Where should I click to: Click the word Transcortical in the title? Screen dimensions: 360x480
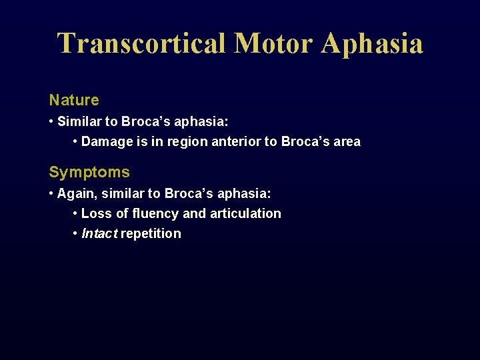tap(141, 43)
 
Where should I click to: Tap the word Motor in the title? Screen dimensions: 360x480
tap(273, 43)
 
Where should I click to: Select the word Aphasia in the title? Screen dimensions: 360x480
tap(372, 43)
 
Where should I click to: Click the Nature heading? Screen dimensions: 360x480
tap(74, 100)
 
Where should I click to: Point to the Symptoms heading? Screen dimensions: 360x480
tap(89, 172)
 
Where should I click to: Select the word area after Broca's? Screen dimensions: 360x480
tap(346, 141)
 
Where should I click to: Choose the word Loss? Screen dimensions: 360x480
tap(96, 213)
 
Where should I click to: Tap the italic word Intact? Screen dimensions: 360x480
tap(99, 233)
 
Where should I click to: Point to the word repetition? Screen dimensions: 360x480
tap(151, 233)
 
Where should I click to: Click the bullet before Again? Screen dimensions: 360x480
tap(51, 193)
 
